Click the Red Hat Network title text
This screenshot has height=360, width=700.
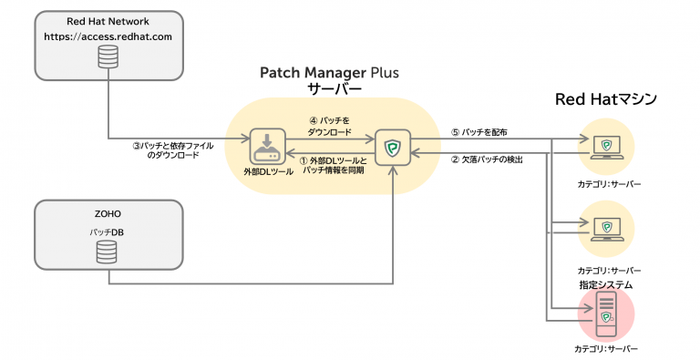tap(108, 20)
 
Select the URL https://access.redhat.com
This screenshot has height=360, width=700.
tap(108, 37)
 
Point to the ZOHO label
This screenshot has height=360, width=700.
tap(108, 214)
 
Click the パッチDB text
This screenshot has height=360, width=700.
tap(108, 232)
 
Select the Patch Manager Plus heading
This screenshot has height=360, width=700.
tap(330, 72)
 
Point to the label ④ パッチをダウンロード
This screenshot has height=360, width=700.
tap(328, 125)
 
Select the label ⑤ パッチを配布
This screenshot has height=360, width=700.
tap(479, 131)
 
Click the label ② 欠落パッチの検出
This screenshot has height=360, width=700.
tap(487, 160)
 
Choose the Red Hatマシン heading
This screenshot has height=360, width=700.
tap(606, 99)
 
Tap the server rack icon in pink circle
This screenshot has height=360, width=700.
tap(605, 311)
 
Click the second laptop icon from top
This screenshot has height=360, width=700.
tap(606, 228)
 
